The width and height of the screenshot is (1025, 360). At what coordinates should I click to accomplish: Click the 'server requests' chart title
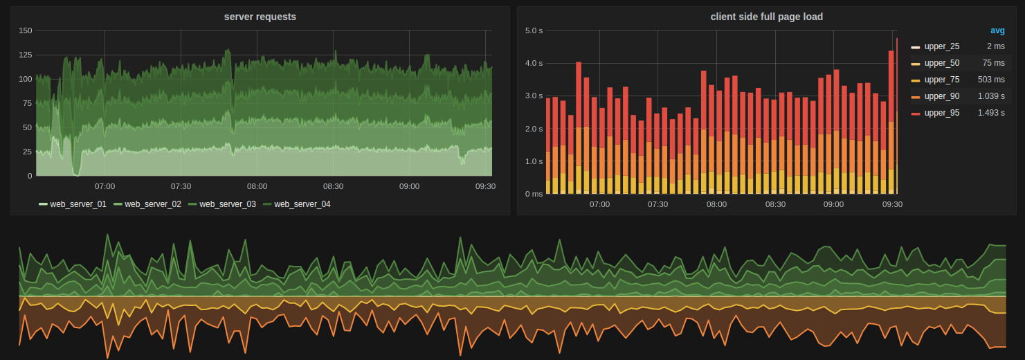coord(260,17)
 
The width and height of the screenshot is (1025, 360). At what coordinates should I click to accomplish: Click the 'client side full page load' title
coord(766,17)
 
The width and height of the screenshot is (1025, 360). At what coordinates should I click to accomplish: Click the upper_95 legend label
coord(941,113)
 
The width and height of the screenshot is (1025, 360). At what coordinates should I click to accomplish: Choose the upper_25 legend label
coord(941,46)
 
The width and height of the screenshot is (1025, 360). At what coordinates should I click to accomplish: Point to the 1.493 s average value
coord(991,113)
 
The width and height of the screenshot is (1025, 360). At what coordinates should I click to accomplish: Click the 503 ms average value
coord(991,80)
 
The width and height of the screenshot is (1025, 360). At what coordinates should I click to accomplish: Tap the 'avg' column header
coord(997,30)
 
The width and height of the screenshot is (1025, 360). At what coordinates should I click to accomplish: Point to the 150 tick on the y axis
coord(25,30)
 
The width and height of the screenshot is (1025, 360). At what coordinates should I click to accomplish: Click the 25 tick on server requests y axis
coord(27,152)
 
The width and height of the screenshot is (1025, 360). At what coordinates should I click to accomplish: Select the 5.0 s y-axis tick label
coord(534,30)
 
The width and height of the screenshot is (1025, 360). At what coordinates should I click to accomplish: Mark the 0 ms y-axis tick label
coord(534,194)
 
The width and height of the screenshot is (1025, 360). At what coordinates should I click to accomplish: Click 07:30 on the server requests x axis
coord(181,186)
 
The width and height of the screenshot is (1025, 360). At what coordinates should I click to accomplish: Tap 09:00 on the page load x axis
coord(833,204)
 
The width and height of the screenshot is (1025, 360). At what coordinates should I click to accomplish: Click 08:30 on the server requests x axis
coord(333,186)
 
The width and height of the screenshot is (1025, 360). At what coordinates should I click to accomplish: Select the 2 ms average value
coord(995,46)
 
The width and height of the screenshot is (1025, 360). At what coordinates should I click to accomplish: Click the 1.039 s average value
coord(991,96)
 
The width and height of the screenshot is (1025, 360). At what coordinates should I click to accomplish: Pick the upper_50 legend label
coord(941,63)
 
